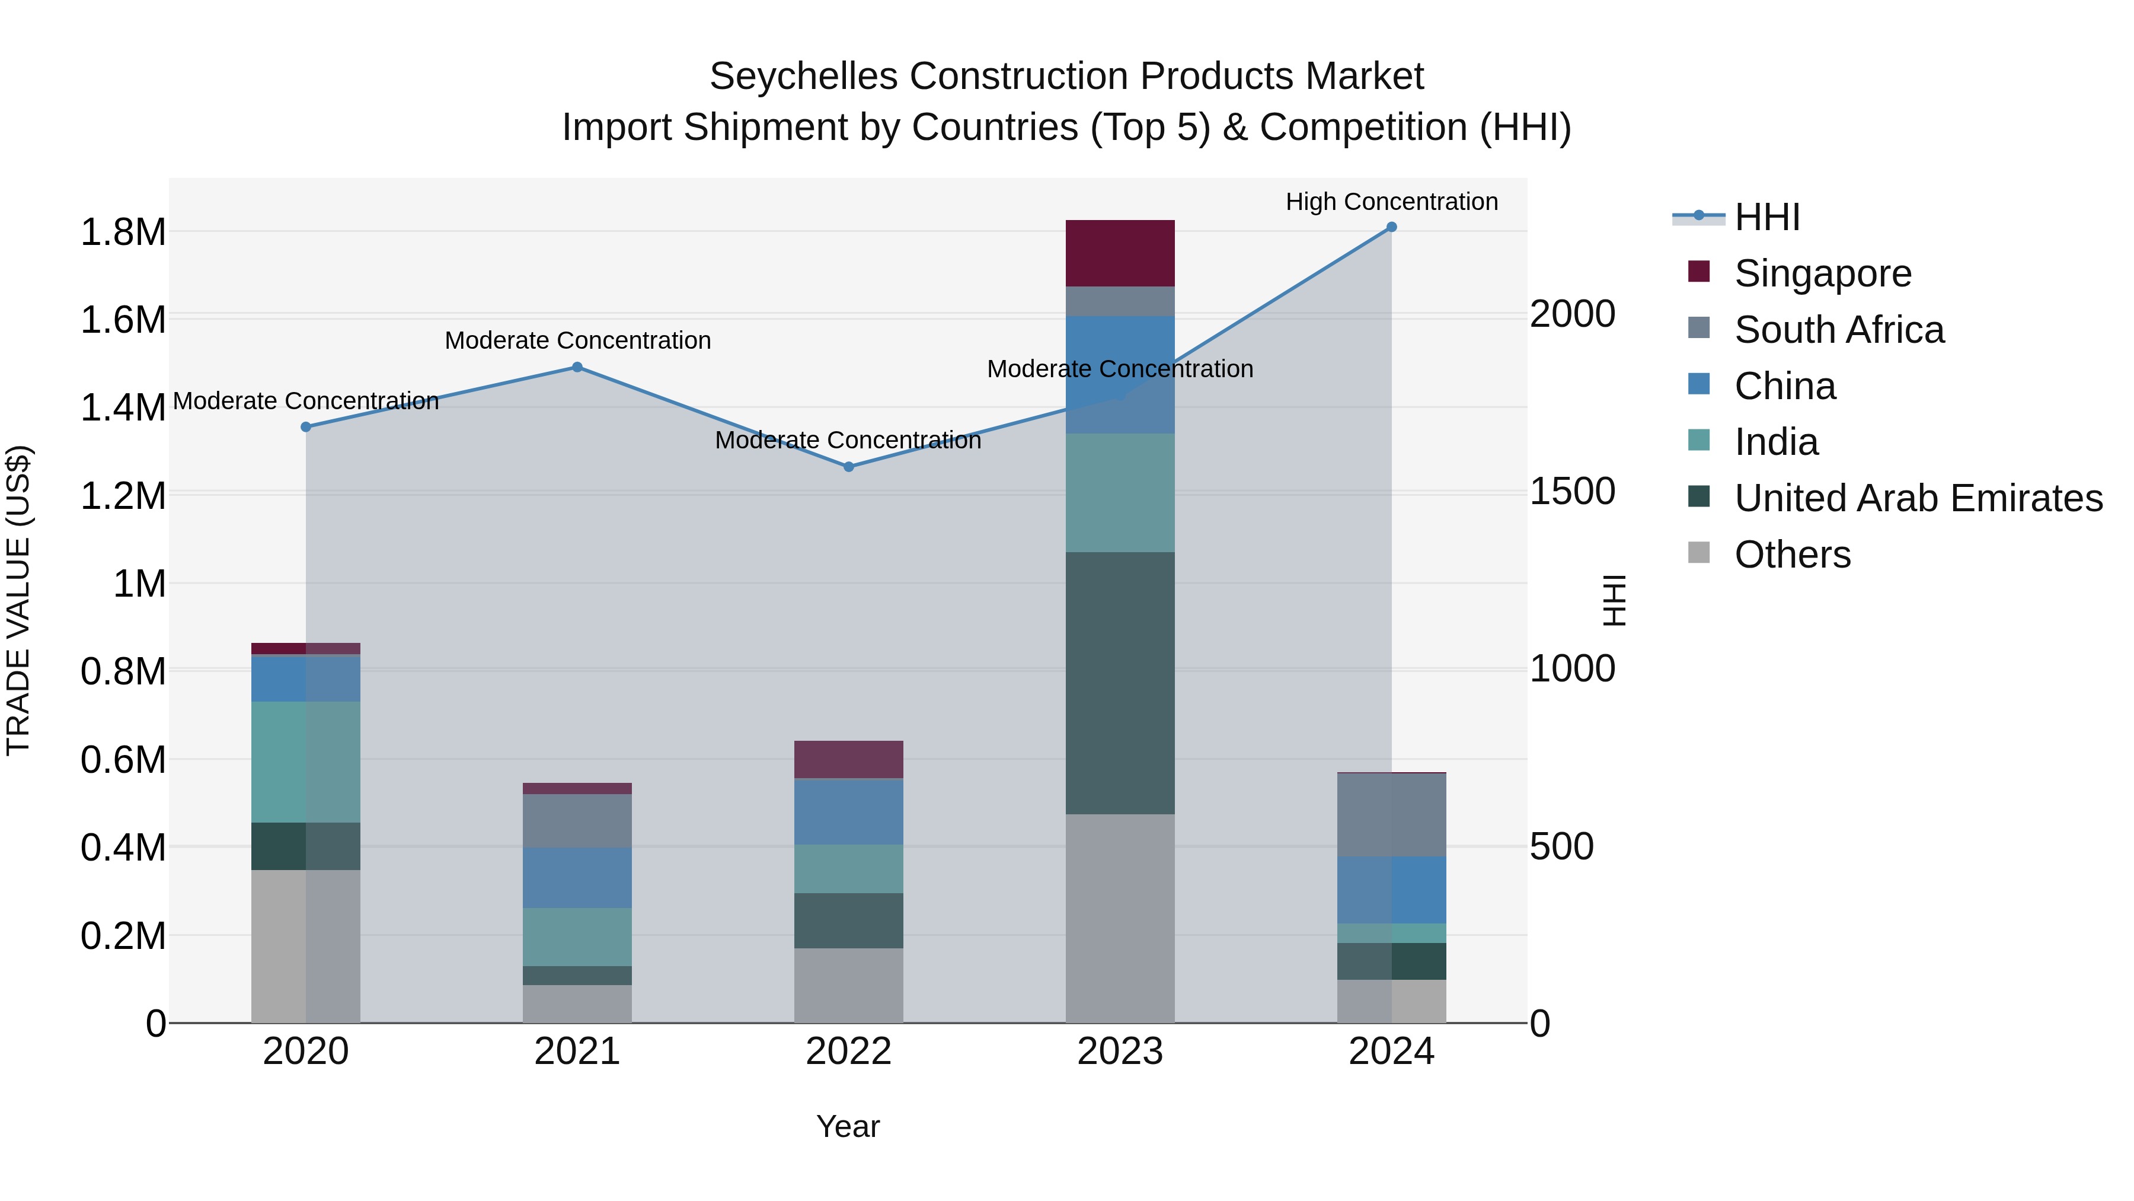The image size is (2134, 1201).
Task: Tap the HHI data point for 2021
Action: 577,367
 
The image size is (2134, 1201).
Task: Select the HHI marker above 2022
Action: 848,467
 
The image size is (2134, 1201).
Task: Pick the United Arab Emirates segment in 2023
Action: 1119,683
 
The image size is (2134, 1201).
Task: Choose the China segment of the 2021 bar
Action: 577,877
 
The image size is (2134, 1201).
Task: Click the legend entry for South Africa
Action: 1838,330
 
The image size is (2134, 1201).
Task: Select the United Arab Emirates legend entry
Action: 1918,498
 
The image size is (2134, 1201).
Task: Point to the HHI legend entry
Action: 1766,217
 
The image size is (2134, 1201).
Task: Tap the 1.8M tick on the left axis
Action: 123,232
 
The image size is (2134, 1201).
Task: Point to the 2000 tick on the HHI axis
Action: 1571,314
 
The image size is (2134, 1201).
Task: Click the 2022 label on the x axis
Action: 848,1051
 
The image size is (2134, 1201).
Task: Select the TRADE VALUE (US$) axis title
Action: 18,600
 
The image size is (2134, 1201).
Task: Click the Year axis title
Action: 848,1126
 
